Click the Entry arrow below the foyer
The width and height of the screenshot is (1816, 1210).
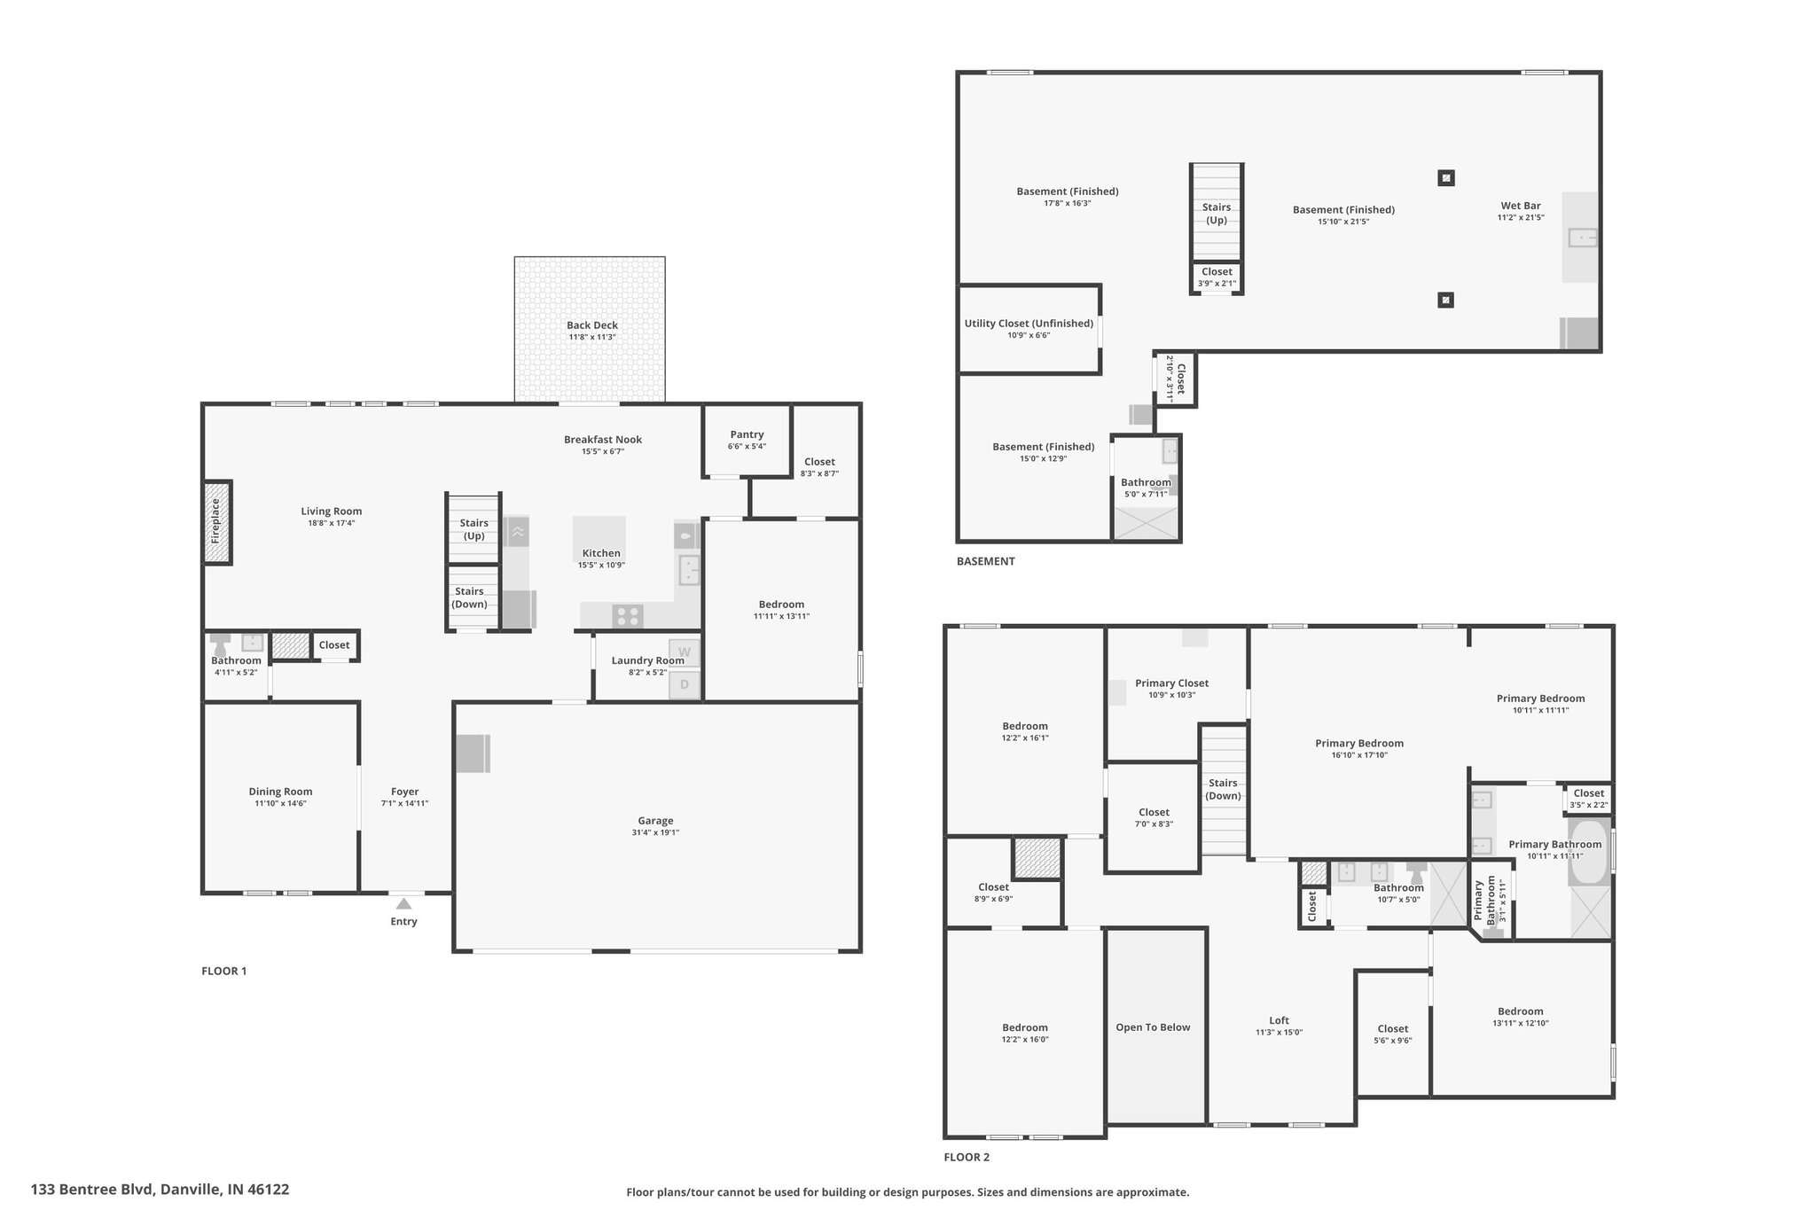point(403,903)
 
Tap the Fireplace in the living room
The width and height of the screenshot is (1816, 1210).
point(217,522)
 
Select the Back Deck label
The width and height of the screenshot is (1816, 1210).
point(592,325)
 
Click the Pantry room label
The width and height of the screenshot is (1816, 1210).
point(747,434)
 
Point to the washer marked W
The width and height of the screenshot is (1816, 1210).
point(684,652)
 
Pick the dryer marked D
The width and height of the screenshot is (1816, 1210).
point(684,684)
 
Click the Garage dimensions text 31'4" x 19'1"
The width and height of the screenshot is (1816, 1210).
point(656,833)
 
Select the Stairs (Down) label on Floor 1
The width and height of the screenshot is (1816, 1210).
point(469,597)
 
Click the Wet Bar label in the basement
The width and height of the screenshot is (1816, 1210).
point(1521,206)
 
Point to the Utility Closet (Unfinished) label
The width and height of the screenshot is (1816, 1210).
point(1029,324)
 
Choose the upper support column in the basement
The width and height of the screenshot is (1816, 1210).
point(1445,177)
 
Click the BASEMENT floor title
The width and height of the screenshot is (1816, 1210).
point(985,561)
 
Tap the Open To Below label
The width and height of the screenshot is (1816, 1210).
point(1153,1027)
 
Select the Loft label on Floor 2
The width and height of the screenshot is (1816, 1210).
point(1279,1020)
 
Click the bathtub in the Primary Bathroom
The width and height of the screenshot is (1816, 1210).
point(1588,852)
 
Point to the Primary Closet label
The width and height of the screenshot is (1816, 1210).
point(1171,683)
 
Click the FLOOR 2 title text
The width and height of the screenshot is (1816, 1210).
point(967,1157)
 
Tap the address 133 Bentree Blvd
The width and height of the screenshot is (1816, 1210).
point(93,1190)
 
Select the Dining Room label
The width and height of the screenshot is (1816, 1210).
point(280,792)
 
